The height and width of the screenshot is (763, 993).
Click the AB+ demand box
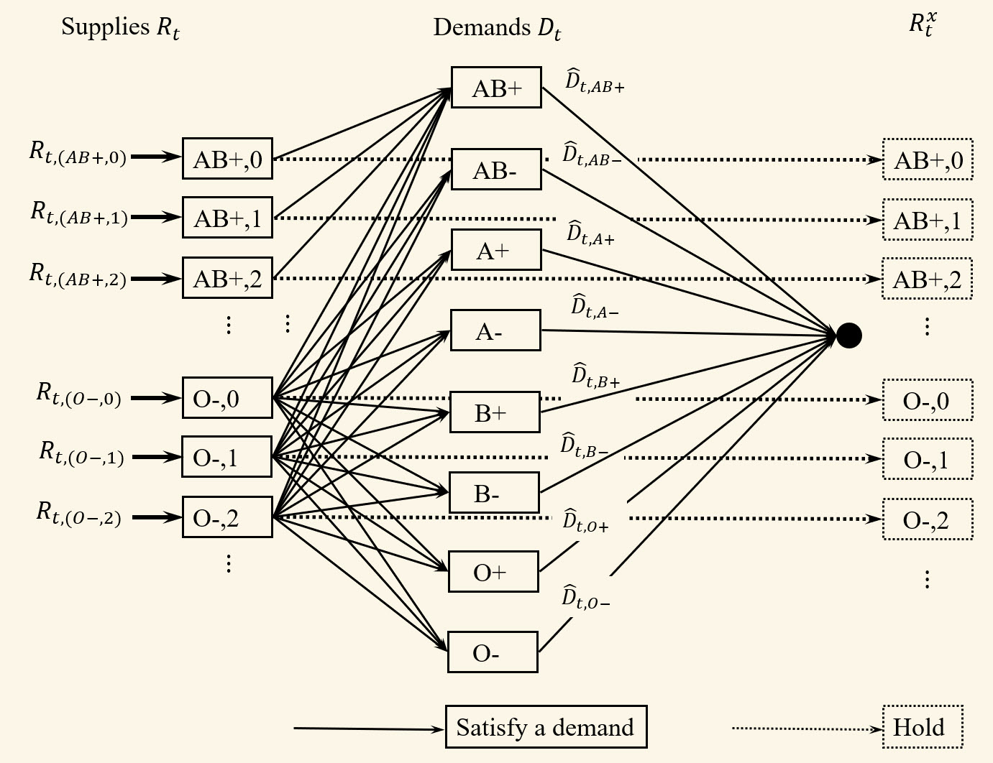(x=496, y=88)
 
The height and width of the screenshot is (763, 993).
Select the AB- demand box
(x=496, y=169)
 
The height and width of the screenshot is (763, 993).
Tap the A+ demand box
(x=496, y=250)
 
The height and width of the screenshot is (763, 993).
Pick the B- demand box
(x=495, y=493)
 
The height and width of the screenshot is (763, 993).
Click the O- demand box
(x=493, y=652)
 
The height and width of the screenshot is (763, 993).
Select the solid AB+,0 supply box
(x=227, y=159)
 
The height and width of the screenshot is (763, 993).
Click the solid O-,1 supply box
(x=227, y=457)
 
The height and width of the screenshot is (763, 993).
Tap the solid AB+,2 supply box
(x=227, y=277)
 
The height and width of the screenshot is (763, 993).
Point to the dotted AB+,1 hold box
(x=928, y=220)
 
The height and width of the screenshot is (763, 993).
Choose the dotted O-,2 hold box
(x=928, y=519)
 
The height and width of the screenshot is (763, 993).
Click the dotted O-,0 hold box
(x=928, y=400)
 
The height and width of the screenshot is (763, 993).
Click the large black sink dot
(x=849, y=336)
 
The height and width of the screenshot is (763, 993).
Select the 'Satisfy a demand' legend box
(x=546, y=727)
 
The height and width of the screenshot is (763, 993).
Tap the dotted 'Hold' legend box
(x=923, y=727)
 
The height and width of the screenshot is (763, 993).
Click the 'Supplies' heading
(x=105, y=27)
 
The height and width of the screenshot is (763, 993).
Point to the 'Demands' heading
(x=482, y=27)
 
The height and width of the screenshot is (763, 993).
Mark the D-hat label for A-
(x=595, y=306)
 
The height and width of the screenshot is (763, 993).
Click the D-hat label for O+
(x=585, y=521)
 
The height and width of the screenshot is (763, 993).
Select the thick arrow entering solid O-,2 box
(x=156, y=517)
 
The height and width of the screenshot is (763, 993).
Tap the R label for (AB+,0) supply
(x=78, y=154)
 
